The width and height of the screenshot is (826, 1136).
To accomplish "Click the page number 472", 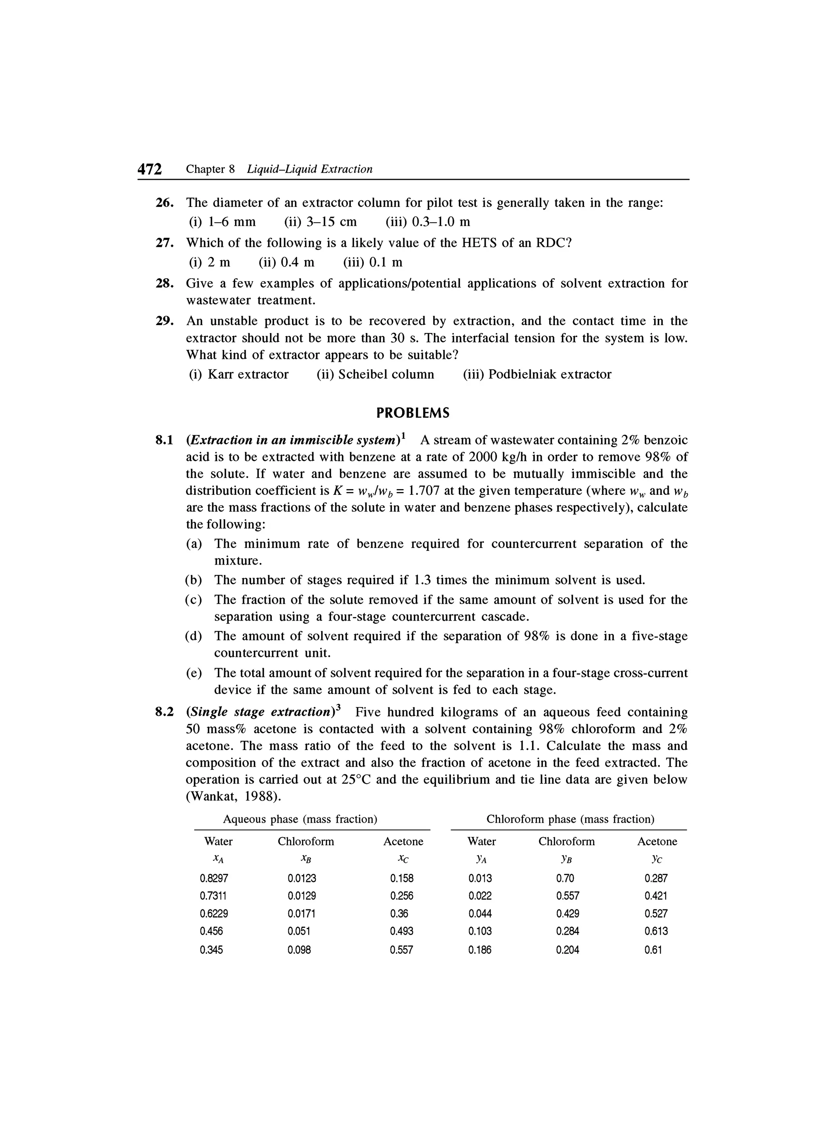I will coord(150,169).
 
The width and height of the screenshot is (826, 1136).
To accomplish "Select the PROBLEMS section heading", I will coord(413,413).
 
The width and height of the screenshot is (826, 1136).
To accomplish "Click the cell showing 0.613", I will coord(656,931).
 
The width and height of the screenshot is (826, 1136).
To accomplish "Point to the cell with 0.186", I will coord(480,950).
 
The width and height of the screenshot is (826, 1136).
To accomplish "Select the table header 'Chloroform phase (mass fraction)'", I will coord(570,819).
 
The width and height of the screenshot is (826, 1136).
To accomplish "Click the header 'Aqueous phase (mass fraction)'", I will coord(300,819).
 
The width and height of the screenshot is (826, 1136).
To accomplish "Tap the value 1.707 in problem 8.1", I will coord(424,491).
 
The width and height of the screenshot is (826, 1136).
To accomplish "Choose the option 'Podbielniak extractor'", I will coord(549,374).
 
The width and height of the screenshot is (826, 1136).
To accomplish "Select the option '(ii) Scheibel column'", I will coord(375,374).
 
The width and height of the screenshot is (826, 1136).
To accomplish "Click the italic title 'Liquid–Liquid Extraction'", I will coord(310,169).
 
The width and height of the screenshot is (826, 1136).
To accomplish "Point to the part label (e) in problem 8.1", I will coord(194,673).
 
